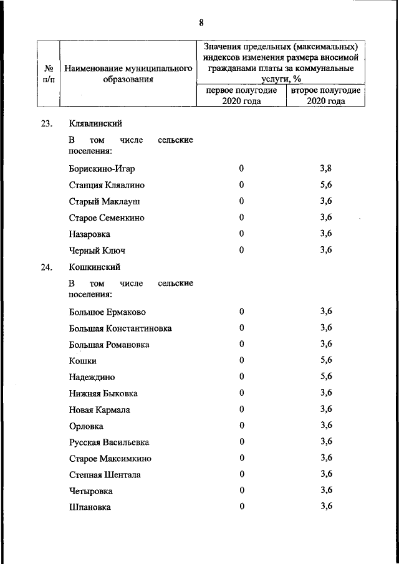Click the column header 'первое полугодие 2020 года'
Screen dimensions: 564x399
pyautogui.click(x=241, y=96)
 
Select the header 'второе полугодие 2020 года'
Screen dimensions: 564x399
pyautogui.click(x=325, y=96)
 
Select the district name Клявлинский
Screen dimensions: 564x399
pyautogui.click(x=95, y=124)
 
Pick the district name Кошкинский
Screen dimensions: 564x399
pyautogui.click(x=94, y=267)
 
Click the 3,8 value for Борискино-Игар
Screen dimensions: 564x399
pyautogui.click(x=326, y=168)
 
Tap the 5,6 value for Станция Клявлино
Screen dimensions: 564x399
pyautogui.click(x=326, y=184)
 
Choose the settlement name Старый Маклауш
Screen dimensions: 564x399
pyautogui.click(x=105, y=201)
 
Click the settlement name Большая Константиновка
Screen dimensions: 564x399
pyautogui.click(x=120, y=328)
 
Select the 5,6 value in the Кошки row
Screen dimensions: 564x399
pyautogui.click(x=326, y=360)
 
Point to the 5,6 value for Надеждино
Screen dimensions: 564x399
pyautogui.click(x=326, y=376)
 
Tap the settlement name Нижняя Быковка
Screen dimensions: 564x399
pyautogui.click(x=103, y=393)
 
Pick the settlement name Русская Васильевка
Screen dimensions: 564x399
pyautogui.click(x=109, y=442)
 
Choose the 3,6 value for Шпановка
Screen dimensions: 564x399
pyautogui.click(x=326, y=506)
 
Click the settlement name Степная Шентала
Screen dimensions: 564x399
pyautogui.click(x=105, y=474)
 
